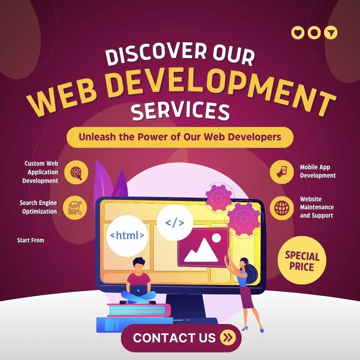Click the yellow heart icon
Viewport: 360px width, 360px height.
click(298, 33)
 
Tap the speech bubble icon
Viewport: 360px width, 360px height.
click(314, 33)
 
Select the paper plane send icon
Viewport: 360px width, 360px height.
click(330, 33)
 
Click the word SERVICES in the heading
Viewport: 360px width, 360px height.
click(180, 112)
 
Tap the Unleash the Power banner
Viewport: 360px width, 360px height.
click(180, 137)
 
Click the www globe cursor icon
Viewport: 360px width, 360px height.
click(76, 172)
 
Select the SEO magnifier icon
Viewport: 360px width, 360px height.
click(75, 208)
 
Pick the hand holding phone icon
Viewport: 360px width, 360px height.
click(282, 172)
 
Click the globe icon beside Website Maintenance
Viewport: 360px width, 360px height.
click(282, 208)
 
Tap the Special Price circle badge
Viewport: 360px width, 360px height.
click(302, 260)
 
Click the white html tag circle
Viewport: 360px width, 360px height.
click(127, 235)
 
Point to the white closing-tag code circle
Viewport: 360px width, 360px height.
click(175, 223)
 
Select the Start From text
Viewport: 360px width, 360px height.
click(31, 240)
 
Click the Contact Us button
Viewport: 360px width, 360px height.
click(181, 338)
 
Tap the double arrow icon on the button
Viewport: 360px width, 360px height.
click(228, 338)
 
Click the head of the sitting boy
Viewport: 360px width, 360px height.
click(139, 265)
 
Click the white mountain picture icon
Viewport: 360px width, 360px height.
click(202, 248)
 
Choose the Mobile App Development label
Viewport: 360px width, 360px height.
click(318, 171)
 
